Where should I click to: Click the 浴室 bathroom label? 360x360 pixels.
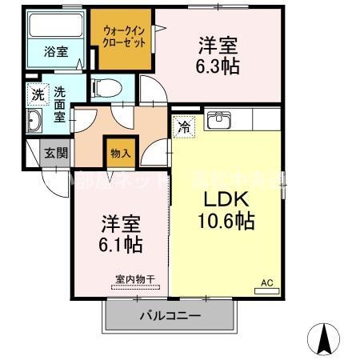pos(55,51)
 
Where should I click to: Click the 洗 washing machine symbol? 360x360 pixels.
pos(37,95)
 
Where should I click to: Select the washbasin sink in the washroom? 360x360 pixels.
pos(35,122)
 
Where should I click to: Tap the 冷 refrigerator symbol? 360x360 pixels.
pos(184,126)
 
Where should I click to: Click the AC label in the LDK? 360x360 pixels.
pos(266,282)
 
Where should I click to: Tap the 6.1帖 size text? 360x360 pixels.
pos(121,242)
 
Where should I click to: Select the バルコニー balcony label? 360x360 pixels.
pos(170,316)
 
